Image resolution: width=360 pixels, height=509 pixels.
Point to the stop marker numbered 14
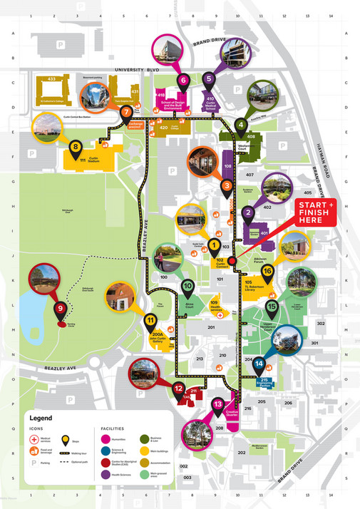click(259, 364)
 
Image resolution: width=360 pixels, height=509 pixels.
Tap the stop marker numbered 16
click(268, 270)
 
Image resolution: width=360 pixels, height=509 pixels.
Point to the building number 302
click(321, 324)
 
